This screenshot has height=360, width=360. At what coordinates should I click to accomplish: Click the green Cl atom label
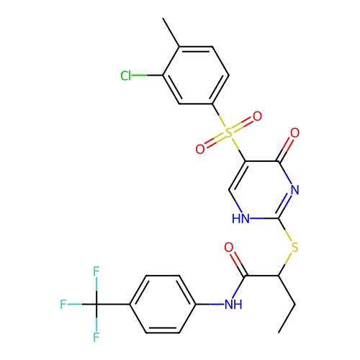[126, 76]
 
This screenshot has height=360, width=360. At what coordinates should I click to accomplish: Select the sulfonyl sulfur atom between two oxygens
[229, 132]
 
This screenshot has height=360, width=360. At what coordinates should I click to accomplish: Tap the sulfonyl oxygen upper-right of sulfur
[257, 117]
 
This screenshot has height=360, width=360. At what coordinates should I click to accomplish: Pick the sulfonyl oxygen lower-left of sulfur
[200, 149]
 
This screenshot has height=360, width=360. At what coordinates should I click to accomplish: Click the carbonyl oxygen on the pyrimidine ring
[294, 132]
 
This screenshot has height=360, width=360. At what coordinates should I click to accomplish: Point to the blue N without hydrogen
[295, 190]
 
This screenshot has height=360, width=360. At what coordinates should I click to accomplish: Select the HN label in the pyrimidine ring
[240, 219]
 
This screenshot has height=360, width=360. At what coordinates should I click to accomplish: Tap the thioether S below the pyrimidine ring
[294, 247]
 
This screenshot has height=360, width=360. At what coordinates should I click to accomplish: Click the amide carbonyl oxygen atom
[229, 247]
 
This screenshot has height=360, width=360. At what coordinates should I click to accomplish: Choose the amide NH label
[233, 305]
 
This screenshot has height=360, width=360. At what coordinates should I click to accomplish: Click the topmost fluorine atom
[96, 271]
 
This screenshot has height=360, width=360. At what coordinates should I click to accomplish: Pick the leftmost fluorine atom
[63, 305]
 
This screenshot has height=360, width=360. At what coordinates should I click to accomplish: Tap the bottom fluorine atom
[96, 337]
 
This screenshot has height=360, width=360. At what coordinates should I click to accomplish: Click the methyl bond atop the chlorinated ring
[171, 32]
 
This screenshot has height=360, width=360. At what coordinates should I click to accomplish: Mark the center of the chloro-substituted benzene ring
[196, 76]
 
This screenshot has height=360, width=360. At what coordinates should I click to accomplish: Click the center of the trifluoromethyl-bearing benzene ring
[163, 305]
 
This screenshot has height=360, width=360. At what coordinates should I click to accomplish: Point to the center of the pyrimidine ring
[262, 190]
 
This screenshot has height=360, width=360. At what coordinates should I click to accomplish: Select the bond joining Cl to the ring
[148, 76]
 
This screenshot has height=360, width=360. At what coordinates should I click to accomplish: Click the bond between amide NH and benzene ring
[210, 305]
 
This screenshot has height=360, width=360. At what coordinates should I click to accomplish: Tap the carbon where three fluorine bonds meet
[96, 305]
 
